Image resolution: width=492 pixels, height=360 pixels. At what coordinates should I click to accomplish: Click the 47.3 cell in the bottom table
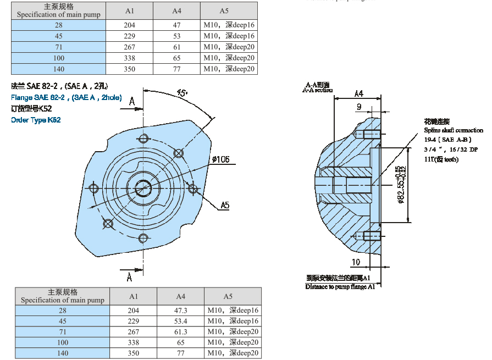tap(180, 311)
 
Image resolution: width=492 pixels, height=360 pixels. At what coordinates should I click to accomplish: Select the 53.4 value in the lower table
tap(180, 321)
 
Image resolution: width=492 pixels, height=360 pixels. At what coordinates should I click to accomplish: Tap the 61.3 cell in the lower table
tap(180, 332)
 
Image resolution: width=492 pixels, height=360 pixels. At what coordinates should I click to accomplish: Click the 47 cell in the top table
tap(176, 25)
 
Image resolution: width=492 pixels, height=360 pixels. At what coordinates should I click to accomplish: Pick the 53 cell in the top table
tap(176, 36)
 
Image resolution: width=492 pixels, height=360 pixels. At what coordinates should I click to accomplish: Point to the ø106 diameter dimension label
tap(219, 160)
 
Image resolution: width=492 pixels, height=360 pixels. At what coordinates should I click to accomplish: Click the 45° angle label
tap(182, 93)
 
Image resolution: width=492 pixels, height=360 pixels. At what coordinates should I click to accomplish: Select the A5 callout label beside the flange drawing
tap(225, 205)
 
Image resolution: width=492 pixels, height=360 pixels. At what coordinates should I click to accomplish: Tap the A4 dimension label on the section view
tap(358, 93)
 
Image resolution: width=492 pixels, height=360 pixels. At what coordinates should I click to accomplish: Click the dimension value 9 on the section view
tap(358, 107)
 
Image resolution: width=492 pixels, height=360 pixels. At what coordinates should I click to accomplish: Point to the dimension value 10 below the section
tap(356, 262)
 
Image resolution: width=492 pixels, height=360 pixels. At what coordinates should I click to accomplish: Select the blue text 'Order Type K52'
tap(36, 120)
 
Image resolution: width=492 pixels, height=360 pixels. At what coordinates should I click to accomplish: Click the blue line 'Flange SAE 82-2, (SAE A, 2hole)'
tap(67, 98)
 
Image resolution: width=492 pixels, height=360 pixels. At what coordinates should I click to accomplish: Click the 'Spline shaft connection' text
tap(453, 130)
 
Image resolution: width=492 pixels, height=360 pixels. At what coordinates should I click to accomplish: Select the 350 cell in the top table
tap(129, 69)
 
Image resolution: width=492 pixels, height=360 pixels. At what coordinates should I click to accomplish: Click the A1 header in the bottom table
tap(134, 296)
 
